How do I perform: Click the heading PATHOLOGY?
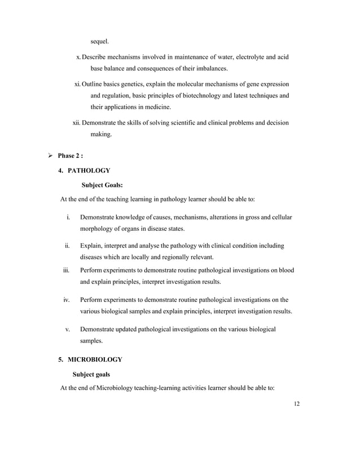pos(88,170)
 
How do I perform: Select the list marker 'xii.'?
pos(77,122)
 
